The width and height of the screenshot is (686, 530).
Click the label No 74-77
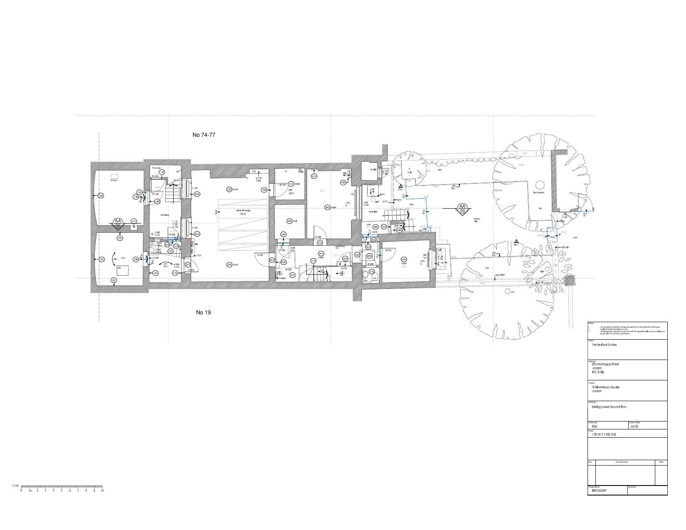(x=204, y=135)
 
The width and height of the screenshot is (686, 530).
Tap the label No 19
(x=203, y=312)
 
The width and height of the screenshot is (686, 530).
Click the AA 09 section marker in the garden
(x=462, y=209)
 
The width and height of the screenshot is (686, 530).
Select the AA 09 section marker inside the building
(x=118, y=223)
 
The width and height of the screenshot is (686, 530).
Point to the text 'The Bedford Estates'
(x=604, y=345)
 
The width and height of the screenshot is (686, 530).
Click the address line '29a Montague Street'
(x=605, y=364)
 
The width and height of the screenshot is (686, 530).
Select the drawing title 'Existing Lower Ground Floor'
(x=609, y=407)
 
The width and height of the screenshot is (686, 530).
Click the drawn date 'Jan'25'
(x=634, y=426)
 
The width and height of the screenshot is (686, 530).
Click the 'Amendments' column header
(x=622, y=462)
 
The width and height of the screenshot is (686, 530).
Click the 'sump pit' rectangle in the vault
(x=114, y=177)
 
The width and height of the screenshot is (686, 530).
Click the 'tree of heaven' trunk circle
(x=539, y=185)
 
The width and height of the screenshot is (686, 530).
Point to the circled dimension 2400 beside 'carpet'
(x=327, y=207)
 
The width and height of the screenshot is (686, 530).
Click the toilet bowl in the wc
(x=365, y=274)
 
